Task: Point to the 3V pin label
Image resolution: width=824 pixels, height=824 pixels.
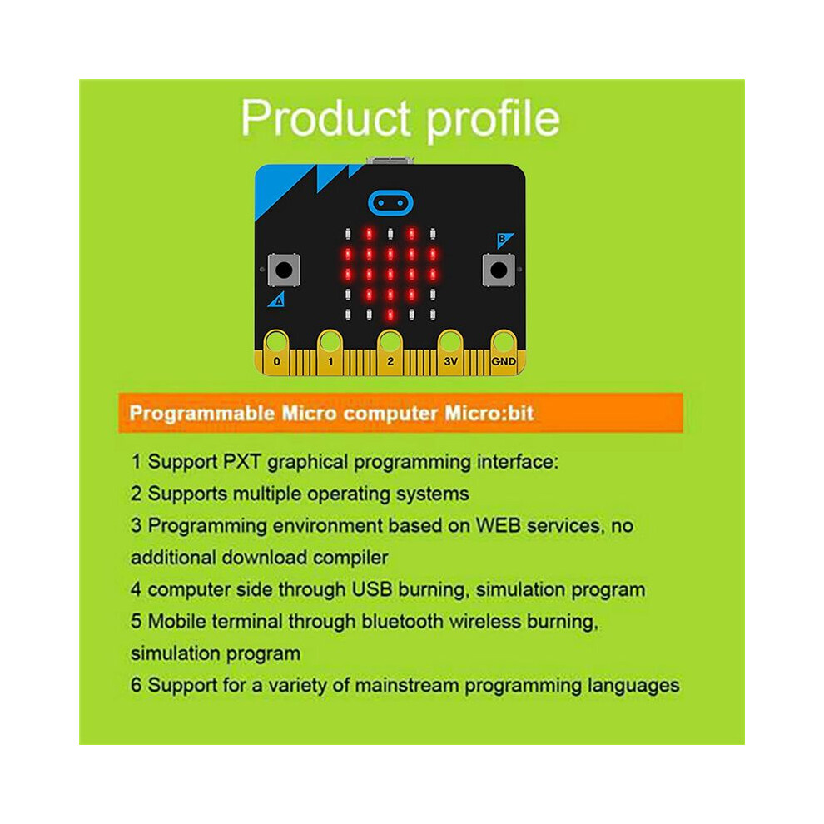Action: tap(451, 361)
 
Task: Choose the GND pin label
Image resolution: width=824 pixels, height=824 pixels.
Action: tap(504, 361)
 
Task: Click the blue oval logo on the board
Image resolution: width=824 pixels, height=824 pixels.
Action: tap(390, 203)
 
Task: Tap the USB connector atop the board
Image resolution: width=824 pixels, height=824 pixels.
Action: tap(390, 161)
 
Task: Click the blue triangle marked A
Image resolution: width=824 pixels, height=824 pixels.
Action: tap(277, 300)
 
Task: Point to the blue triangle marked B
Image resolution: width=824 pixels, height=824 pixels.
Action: tap(504, 240)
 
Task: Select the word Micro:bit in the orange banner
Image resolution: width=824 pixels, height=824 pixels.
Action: tap(489, 413)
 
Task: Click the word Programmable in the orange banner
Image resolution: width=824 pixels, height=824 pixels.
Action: tap(202, 414)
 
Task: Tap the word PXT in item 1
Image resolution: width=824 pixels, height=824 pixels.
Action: tap(241, 462)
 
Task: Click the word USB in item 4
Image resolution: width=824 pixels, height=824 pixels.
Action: tap(372, 589)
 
